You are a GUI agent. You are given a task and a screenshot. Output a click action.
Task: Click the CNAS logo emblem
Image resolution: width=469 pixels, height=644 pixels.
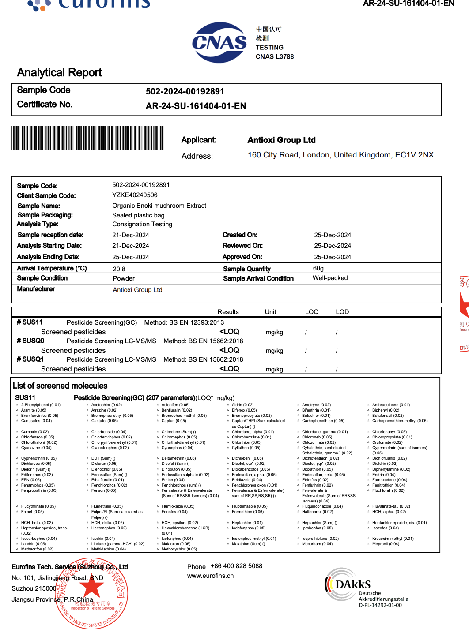point(219,42)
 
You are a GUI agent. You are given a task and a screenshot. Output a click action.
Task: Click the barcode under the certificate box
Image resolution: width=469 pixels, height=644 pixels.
point(88,138)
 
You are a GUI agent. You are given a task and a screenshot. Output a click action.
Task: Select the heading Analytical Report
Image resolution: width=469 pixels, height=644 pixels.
point(59,72)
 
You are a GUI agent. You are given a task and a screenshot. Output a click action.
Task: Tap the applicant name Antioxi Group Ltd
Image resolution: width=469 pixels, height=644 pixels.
point(281,140)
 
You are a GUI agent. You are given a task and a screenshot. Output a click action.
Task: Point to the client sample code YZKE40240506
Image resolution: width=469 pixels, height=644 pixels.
point(135,195)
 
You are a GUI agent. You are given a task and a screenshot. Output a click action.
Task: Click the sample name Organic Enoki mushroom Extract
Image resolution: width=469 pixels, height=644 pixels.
point(159,206)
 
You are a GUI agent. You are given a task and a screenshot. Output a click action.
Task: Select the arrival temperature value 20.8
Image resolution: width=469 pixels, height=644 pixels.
point(119,269)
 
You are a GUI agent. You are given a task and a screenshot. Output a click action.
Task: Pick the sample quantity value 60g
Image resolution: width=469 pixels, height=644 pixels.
point(318,268)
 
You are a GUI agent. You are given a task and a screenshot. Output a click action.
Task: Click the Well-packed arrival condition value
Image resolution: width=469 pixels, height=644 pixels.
point(330,278)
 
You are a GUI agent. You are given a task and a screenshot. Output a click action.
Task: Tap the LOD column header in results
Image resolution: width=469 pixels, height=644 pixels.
point(342,312)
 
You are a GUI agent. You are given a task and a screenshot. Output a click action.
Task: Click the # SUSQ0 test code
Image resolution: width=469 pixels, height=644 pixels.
point(30,341)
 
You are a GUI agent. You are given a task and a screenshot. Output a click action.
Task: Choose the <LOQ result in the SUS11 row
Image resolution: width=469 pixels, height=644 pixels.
point(229,332)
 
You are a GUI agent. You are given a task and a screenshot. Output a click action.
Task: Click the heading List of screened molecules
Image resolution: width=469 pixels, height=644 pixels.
point(60,386)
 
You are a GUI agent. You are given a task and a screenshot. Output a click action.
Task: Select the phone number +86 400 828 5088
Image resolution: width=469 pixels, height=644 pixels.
point(236,566)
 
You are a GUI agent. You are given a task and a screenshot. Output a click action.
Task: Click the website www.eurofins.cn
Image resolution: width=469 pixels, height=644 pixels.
point(210,576)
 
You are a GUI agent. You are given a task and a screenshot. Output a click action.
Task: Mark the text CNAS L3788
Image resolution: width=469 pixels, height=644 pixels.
point(274,56)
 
